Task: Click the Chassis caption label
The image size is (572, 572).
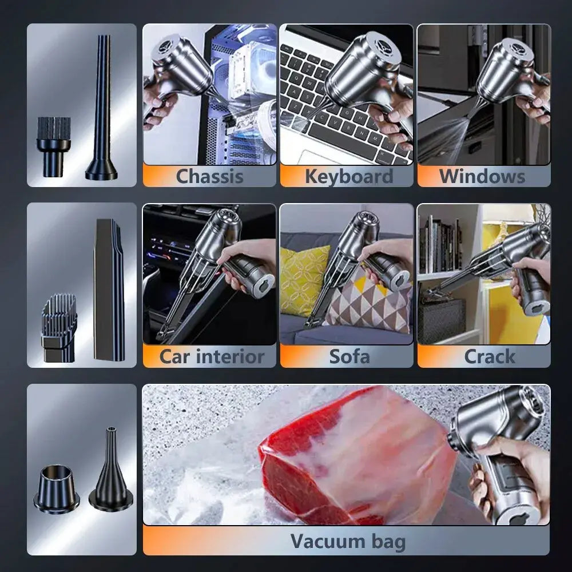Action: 209,176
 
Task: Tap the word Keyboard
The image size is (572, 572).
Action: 348,176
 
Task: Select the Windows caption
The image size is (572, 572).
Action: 482,176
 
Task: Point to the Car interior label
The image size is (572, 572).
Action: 212,357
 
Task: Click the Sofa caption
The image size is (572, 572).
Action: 349,357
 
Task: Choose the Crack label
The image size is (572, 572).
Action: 490,357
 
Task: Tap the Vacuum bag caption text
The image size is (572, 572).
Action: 348,541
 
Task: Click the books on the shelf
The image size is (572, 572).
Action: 440,246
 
